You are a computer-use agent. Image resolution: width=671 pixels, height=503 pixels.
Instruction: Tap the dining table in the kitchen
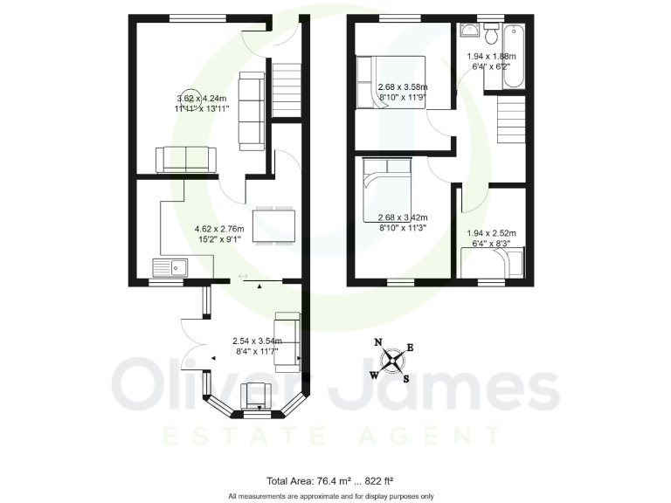click(x=273, y=226)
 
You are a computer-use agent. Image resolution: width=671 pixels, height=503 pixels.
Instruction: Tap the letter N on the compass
click(x=378, y=342)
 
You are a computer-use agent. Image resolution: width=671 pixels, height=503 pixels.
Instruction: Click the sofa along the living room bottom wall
click(x=185, y=159)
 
